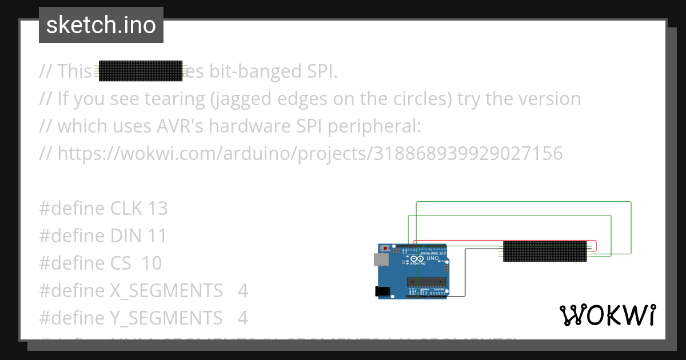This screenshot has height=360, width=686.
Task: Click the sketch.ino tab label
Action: (101, 25)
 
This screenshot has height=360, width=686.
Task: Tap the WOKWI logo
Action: (608, 315)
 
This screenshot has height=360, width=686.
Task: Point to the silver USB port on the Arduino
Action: (381, 259)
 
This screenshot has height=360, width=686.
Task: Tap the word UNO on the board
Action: (433, 258)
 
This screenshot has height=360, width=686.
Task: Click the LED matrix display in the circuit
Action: (545, 251)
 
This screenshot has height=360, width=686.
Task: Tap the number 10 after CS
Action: (151, 263)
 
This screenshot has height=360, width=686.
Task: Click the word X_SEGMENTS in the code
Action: (166, 291)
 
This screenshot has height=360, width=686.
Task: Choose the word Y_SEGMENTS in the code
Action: (166, 318)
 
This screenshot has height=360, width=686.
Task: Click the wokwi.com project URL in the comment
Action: (310, 154)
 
